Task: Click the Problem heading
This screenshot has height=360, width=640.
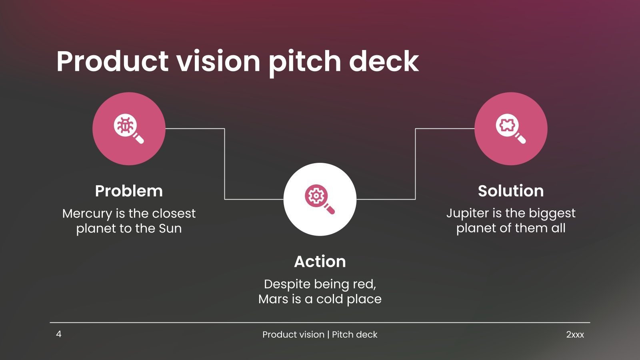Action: tap(129, 191)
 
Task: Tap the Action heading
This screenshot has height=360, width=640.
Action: tap(320, 262)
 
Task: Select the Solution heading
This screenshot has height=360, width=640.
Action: tap(511, 191)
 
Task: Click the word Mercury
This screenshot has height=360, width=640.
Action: tap(87, 214)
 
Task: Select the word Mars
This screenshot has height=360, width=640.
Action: tap(273, 299)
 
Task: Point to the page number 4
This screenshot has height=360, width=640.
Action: tap(59, 334)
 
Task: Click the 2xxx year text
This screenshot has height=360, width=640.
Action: tap(575, 335)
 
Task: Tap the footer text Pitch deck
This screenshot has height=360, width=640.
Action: tap(354, 335)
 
